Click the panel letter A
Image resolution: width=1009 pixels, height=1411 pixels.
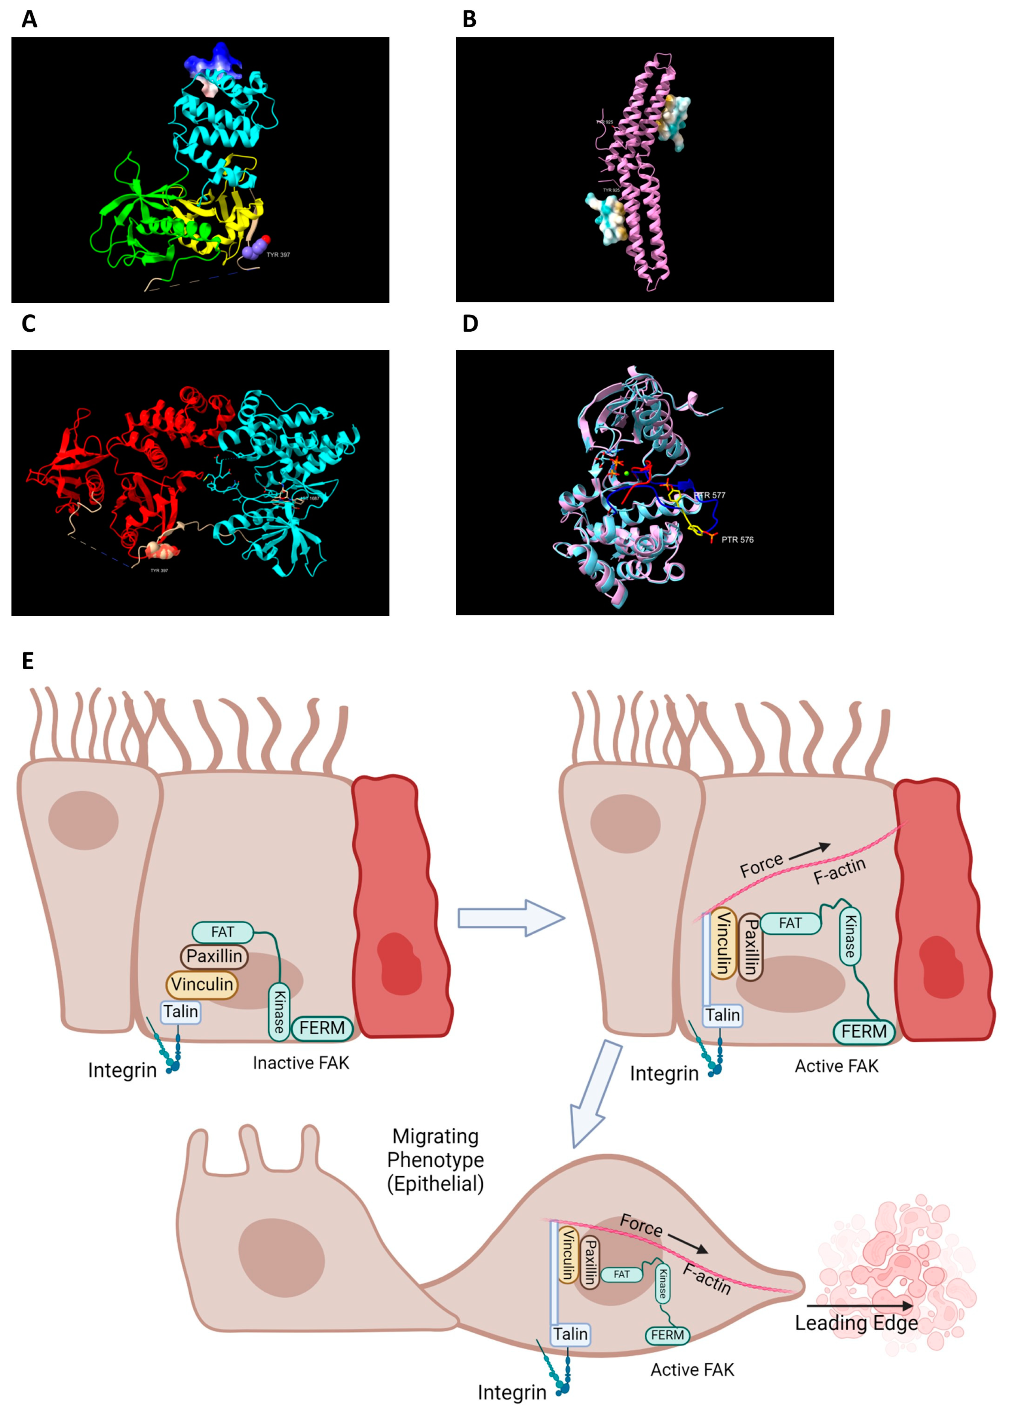[x=29, y=20]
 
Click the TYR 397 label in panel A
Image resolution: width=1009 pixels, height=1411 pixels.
[x=278, y=255]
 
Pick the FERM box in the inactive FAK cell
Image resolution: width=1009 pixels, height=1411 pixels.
[x=322, y=1028]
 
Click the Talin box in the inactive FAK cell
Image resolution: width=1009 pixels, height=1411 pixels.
[x=180, y=1012]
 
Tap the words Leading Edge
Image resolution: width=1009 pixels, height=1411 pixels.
[x=856, y=1323]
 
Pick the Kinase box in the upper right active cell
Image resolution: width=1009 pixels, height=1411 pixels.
[x=850, y=936]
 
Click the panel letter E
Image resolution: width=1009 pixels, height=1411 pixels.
[x=28, y=661]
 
